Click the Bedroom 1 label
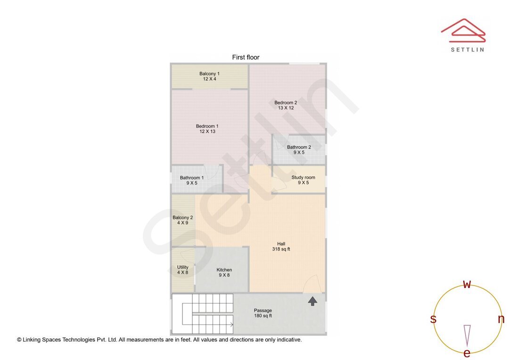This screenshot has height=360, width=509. click(207, 129)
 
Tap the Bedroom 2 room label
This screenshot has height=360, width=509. click(286, 105)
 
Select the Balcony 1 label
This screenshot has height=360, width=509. click(209, 76)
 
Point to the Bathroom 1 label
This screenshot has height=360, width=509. click(192, 180)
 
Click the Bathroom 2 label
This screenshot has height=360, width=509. click(299, 150)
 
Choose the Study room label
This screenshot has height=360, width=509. click(303, 180)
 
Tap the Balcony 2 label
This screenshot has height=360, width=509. click(183, 220)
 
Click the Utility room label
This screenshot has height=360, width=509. click(182, 270)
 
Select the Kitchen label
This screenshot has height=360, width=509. click(224, 272)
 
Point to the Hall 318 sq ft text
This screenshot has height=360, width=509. click(281, 246)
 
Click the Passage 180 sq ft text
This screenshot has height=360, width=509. click(263, 313)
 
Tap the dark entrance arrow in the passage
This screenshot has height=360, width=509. click(312, 301)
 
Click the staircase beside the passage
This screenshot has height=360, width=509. click(203, 314)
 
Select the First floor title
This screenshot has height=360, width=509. click(246, 57)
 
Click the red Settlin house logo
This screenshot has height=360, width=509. click(463, 31)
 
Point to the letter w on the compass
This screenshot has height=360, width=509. click(467, 284)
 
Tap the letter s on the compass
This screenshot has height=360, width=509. click(433, 319)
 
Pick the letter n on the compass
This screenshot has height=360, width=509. click(501, 319)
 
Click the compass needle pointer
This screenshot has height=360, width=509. click(467, 335)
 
